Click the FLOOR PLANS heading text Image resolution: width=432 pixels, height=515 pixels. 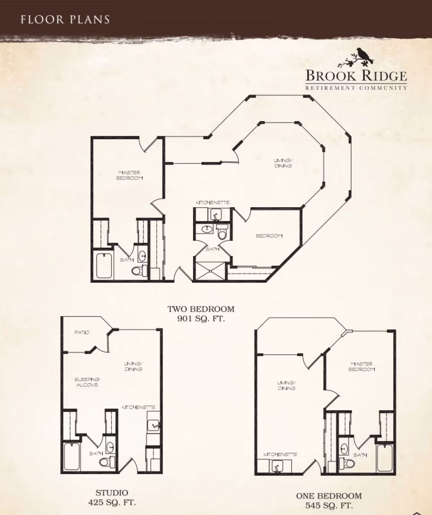pos(65,20)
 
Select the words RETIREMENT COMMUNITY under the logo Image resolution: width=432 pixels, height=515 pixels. pos(356,88)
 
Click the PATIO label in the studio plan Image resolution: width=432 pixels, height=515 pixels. pos(82,333)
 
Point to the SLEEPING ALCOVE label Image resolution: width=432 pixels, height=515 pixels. pos(87,382)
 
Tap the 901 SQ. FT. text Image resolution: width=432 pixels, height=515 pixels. pos(201,319)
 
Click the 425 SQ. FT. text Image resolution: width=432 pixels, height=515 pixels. pos(112,502)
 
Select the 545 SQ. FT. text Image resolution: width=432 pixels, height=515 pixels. pos(329,505)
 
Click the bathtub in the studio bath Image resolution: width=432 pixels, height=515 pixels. pos(72,457)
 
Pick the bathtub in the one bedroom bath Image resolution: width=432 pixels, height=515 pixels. pos(384,458)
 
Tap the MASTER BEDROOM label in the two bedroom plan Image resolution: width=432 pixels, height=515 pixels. pos(129,175)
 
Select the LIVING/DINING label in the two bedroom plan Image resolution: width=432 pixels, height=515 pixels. pos(283,163)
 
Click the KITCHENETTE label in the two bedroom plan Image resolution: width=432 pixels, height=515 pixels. pos(213,203)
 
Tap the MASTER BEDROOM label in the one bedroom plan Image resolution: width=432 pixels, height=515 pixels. pos(361,367)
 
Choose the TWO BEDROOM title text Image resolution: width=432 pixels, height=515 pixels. pos(201,309)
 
